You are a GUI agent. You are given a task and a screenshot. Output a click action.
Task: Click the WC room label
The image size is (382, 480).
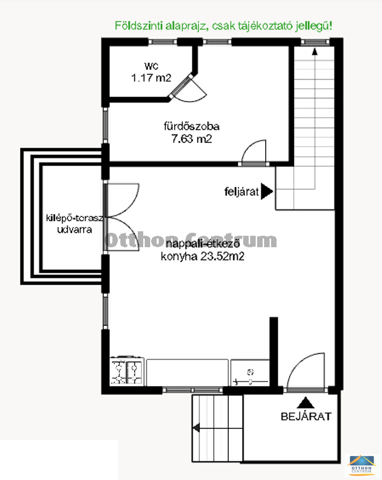tap(151, 66)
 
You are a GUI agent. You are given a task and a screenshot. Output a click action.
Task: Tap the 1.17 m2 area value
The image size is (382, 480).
tap(151, 78)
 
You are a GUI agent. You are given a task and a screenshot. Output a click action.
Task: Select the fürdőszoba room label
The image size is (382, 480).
tap(191, 126)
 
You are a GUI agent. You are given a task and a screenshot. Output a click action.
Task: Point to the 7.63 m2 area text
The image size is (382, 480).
tap(191, 139)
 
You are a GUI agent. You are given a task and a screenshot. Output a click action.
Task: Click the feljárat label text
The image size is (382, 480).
tap(242, 192)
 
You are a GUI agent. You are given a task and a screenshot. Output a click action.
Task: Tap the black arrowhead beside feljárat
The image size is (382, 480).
tap(267, 192)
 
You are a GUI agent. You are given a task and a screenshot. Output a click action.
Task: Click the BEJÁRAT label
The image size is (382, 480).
tap(306, 416)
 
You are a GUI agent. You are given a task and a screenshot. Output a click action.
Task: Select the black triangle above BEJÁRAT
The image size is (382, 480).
tap(305, 403)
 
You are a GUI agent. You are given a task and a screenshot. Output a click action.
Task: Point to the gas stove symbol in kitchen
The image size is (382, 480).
tap(127, 371)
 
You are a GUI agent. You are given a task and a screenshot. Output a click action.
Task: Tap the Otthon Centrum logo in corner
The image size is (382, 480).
tap(362, 465)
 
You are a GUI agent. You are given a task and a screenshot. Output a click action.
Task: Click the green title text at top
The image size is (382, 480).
tap(223, 26)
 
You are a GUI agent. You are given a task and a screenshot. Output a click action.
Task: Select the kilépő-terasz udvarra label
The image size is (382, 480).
tap(75, 224)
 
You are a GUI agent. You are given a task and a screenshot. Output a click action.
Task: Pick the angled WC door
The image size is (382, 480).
tap(181, 86)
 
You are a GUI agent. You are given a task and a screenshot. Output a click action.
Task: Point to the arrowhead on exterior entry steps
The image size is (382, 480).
tap(196, 428)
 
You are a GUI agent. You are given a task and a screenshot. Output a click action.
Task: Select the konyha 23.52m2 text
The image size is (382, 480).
tap(202, 256)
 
